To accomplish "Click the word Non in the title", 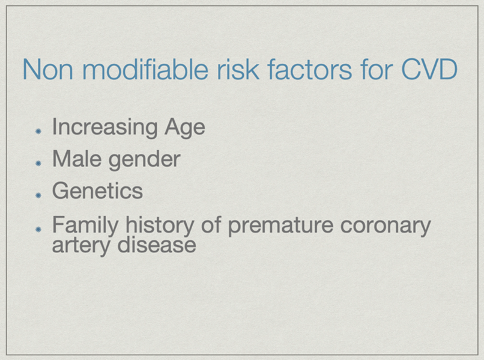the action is (48, 69).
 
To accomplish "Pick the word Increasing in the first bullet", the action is (105, 127).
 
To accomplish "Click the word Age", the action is (185, 127).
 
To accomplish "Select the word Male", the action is (77, 159).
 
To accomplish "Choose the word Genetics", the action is (97, 191).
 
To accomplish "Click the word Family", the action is (85, 225).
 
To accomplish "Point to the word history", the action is (160, 225).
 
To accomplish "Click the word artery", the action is (81, 246).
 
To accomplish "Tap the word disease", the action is (157, 245).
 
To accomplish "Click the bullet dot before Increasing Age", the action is (38, 132).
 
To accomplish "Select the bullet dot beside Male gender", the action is (38, 163).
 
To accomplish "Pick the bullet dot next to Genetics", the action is (38, 195).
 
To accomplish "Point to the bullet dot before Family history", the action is (38, 230).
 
